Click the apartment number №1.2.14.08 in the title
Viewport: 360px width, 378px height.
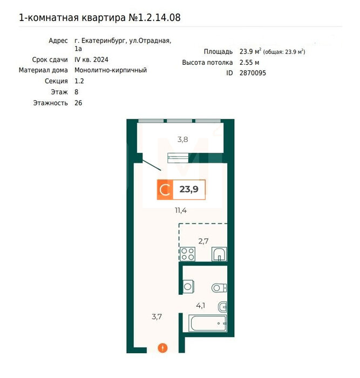pos(154,18)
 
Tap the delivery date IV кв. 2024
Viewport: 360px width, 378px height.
pos(91,59)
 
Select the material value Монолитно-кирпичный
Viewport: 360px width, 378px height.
pos(111,70)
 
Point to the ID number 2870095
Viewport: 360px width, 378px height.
pos(253,73)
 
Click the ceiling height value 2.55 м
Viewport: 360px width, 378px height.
pos(249,63)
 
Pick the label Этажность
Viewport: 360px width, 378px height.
pos(50,103)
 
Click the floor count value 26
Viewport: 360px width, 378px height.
pos(78,103)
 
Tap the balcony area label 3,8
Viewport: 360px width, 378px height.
pos(182,139)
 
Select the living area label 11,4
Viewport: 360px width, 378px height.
pos(181,211)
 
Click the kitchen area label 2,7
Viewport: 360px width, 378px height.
pos(203,241)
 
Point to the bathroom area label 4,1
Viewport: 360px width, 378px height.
pos(200,306)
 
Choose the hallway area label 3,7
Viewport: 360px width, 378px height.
pos(157,316)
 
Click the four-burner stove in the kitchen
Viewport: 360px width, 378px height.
pos(188,254)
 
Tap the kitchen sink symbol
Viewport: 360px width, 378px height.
pos(219,254)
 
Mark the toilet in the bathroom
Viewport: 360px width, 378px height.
pos(219,288)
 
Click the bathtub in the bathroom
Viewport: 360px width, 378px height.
pos(207,323)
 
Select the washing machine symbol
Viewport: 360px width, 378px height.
pos(188,287)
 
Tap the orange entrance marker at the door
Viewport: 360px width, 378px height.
pos(162,348)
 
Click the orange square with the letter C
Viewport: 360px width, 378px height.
pos(165,190)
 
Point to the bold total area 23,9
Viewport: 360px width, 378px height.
pos(189,189)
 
